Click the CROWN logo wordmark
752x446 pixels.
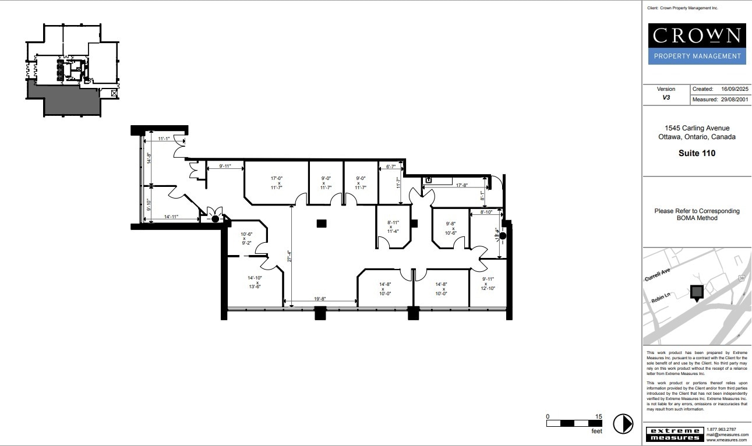tap(697, 36)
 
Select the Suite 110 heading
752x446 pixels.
tap(697, 153)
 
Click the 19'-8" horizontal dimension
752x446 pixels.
tap(320, 299)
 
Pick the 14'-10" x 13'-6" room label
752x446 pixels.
tap(255, 282)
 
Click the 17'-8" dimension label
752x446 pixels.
tap(462, 185)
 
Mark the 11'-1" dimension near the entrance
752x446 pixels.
tap(164, 139)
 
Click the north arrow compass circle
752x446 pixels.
tap(624, 423)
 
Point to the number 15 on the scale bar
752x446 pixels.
tap(599, 416)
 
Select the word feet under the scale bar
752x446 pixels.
tap(596, 431)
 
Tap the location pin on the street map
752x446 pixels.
tap(696, 292)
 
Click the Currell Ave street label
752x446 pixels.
tap(658, 274)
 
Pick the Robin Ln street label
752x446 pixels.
tap(661, 298)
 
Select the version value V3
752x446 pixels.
tap(666, 98)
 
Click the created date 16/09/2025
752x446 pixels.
tap(734, 89)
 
